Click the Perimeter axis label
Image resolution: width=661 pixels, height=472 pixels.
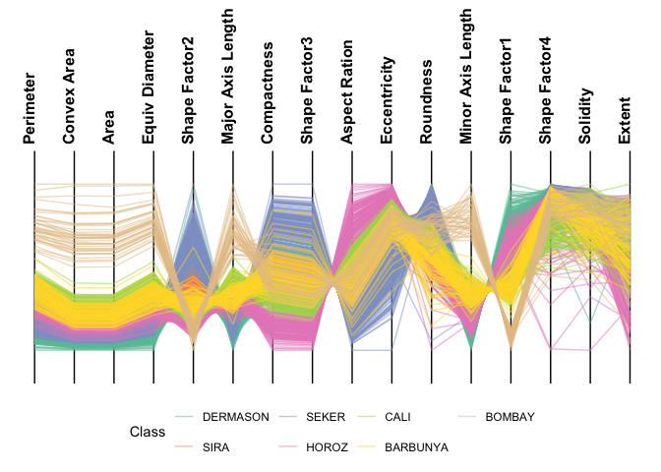pyautogui.click(x=30, y=108)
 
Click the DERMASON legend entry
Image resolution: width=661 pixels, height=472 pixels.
pyautogui.click(x=235, y=417)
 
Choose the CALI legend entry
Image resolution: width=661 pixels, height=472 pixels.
pyautogui.click(x=404, y=417)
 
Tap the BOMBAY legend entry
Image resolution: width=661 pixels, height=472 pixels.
pyautogui.click(x=510, y=417)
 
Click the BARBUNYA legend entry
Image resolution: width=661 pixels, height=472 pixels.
pyautogui.click(x=416, y=446)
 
